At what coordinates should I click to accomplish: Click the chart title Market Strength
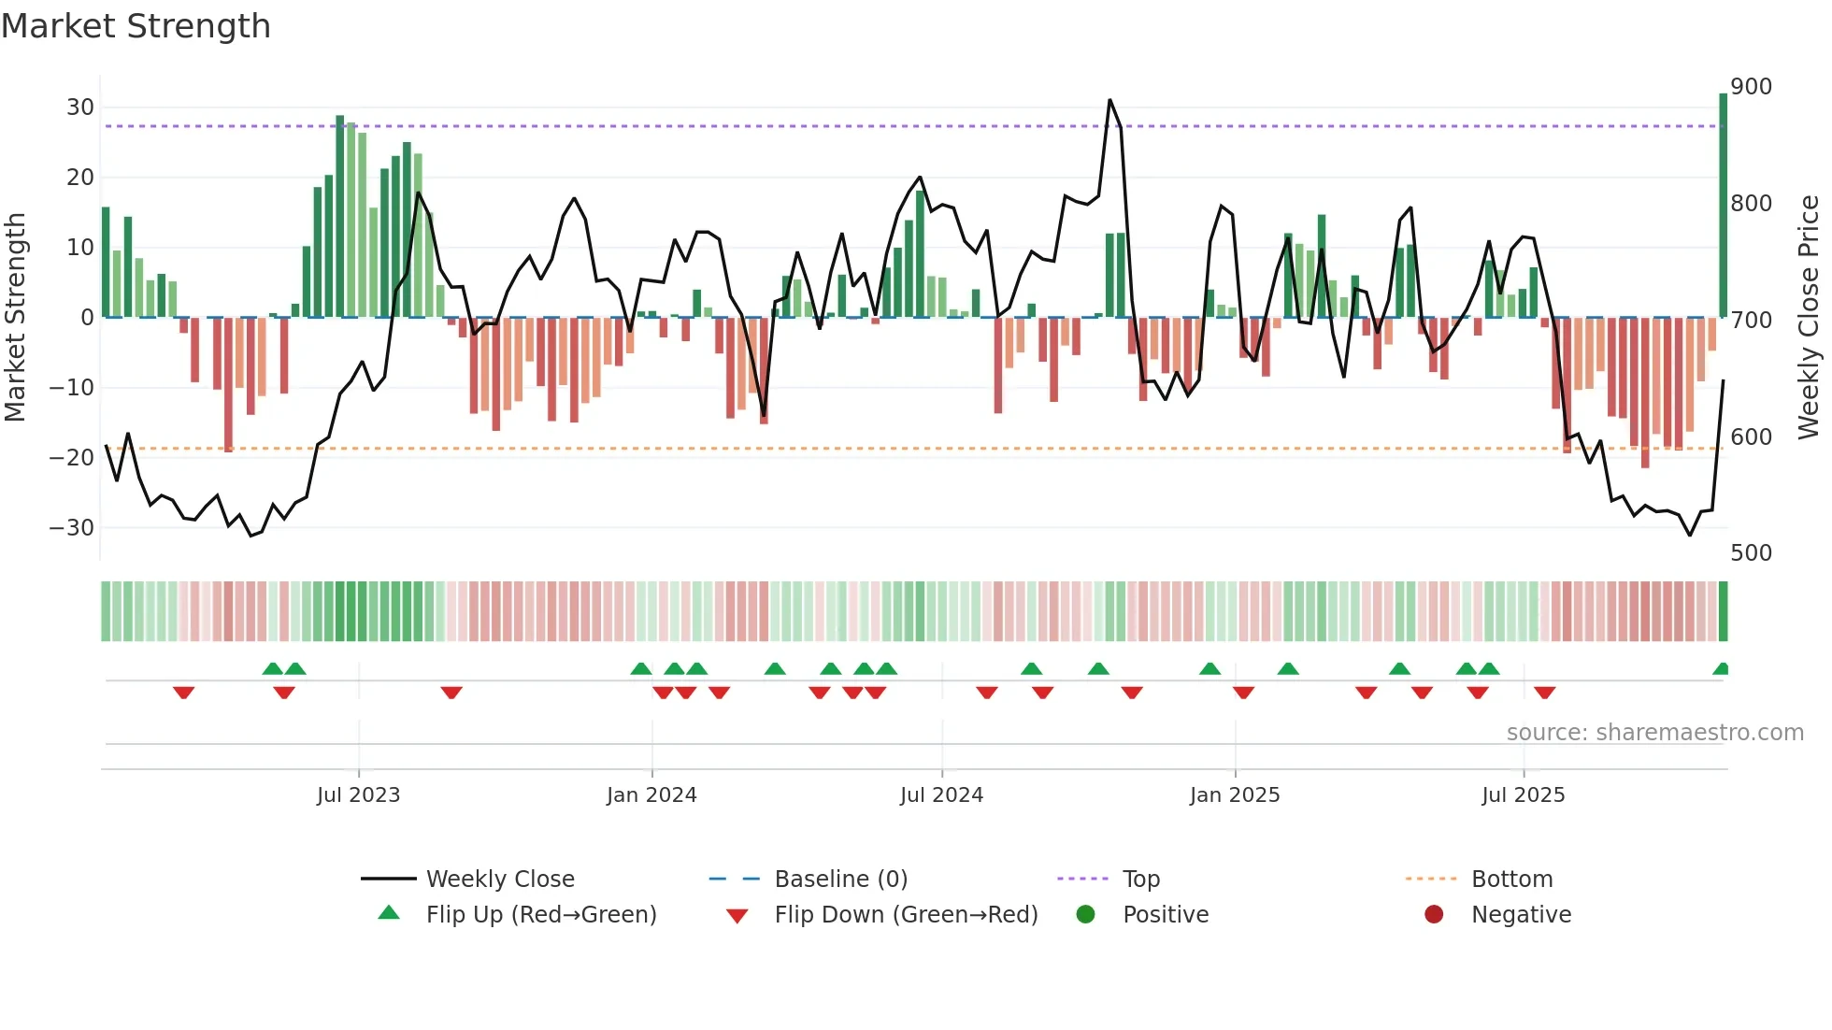(136, 26)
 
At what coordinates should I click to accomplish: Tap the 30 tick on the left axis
(80, 107)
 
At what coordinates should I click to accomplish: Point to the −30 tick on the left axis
(73, 527)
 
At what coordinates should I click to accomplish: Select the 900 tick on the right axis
(1751, 87)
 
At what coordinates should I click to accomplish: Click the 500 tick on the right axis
(1751, 552)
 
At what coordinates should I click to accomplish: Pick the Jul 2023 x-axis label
(358, 795)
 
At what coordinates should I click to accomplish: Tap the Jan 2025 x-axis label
(1234, 795)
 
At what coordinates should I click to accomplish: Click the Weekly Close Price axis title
(1809, 318)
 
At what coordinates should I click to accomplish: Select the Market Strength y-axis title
(16, 318)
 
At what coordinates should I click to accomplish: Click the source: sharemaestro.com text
(1654, 733)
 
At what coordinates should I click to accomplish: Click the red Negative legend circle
(1434, 914)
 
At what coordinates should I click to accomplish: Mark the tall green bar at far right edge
(1723, 206)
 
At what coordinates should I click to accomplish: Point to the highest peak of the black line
(1109, 100)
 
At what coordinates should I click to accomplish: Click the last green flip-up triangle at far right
(1721, 669)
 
